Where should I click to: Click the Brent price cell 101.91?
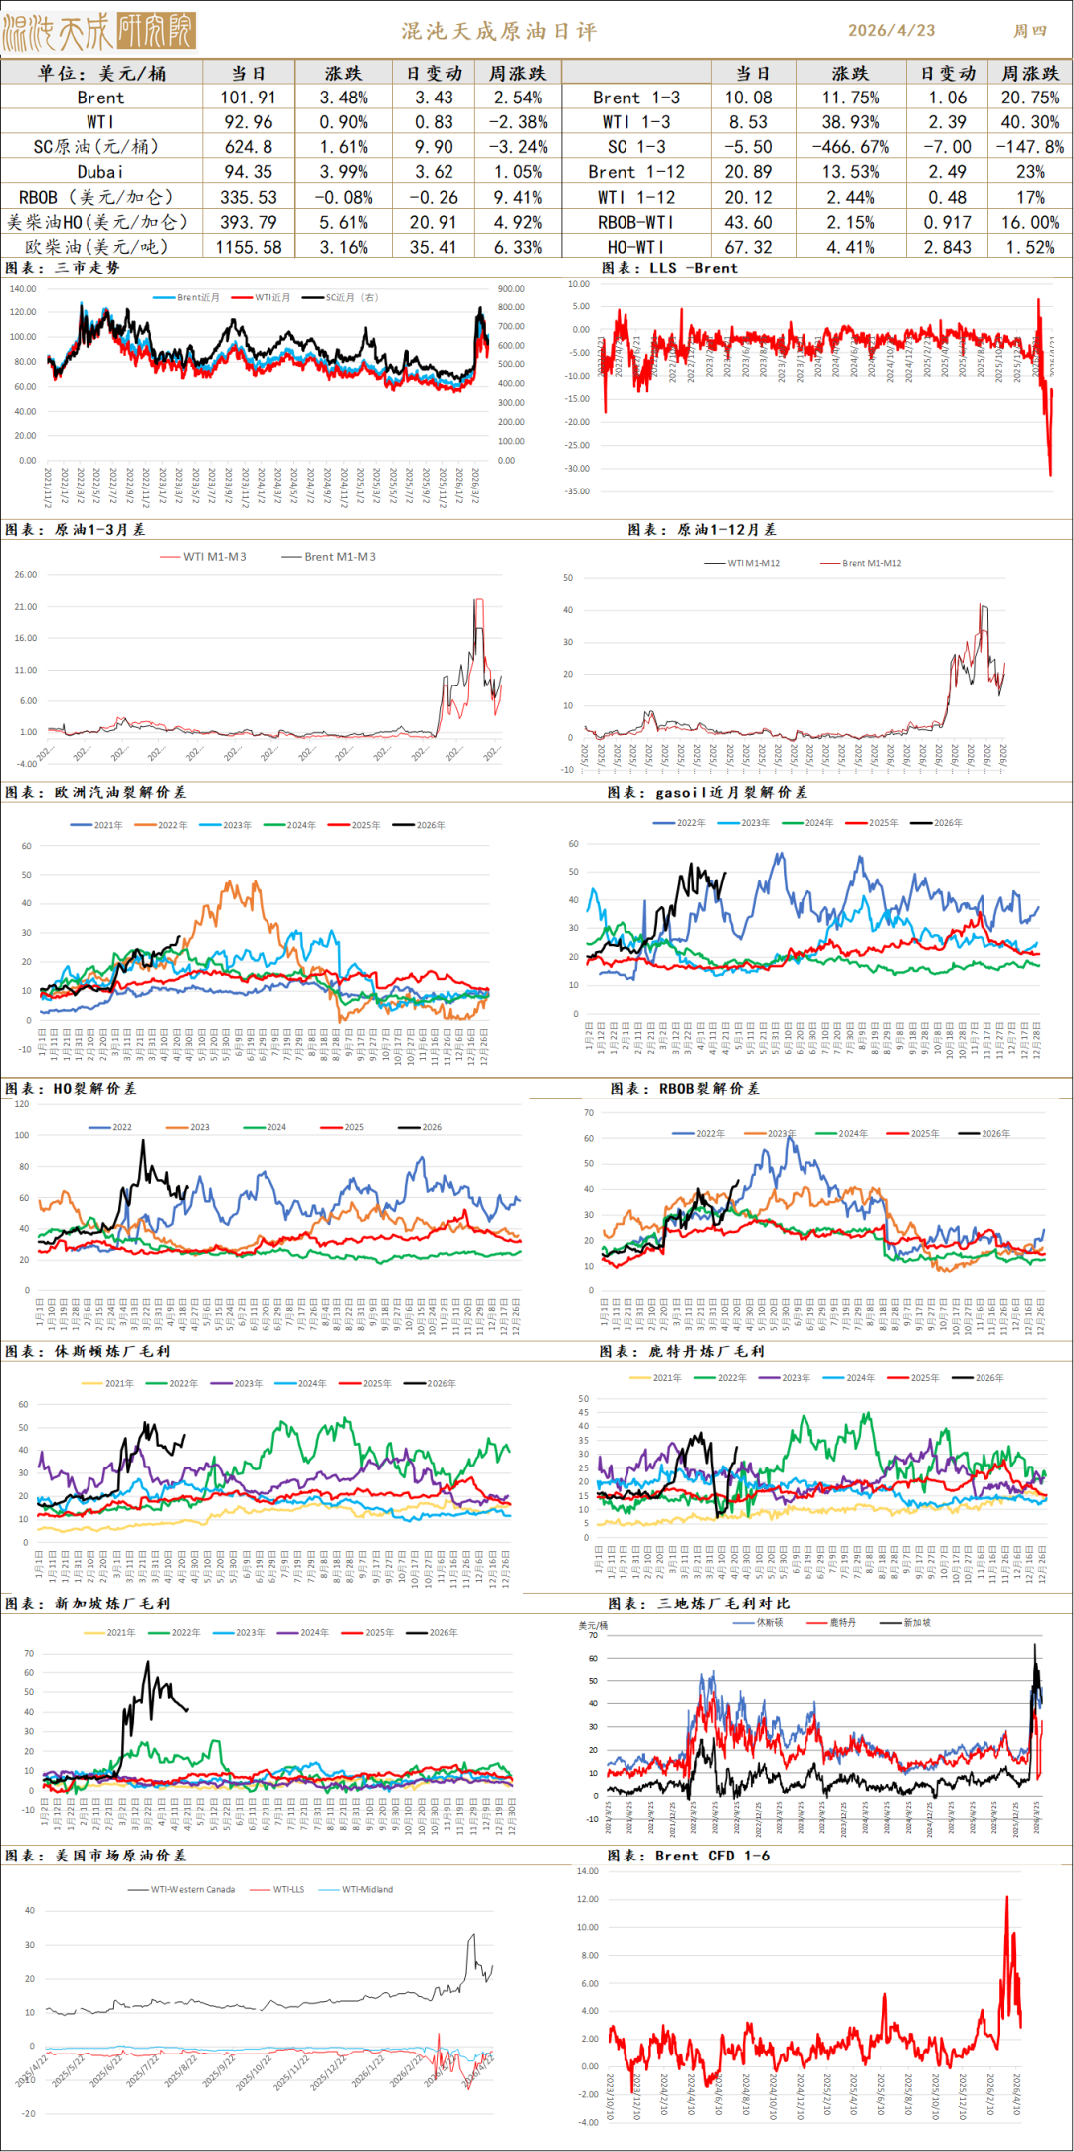[x=249, y=98]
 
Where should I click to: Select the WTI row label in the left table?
[x=100, y=122]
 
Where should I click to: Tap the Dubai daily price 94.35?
[x=249, y=172]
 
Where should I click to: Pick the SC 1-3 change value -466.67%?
[x=850, y=147]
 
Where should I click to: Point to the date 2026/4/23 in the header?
[x=891, y=31]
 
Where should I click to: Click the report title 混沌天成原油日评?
[x=499, y=31]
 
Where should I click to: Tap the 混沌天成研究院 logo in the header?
[x=99, y=32]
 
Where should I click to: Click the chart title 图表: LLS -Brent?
[x=669, y=268]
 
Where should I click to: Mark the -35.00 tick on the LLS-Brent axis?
[x=578, y=491]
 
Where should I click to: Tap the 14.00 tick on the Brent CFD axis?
[x=588, y=1871]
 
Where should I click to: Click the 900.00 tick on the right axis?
[x=511, y=289]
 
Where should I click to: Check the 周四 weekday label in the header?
[x=1030, y=31]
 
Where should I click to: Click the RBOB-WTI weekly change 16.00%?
[x=1030, y=222]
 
